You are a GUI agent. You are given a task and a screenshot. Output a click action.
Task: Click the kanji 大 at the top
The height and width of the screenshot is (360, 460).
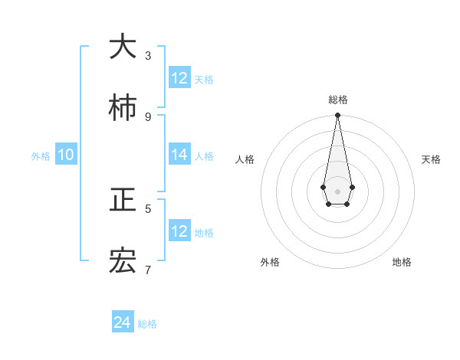click(123, 47)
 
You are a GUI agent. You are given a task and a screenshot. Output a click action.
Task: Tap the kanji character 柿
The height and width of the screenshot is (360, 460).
click(123, 109)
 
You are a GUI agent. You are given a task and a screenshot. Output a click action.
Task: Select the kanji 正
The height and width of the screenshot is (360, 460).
click(123, 201)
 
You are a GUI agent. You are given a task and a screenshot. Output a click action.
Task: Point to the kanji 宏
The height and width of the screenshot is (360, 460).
click(123, 262)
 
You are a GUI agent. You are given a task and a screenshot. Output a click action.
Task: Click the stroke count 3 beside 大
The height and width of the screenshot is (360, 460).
click(148, 55)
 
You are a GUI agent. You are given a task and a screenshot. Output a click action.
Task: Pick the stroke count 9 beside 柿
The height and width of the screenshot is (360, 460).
click(148, 116)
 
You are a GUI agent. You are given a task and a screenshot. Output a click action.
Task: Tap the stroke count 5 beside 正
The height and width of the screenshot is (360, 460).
click(148, 208)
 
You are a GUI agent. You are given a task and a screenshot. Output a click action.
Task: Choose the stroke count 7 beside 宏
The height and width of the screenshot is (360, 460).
click(148, 270)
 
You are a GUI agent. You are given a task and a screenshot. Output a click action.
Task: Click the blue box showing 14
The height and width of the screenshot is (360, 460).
click(179, 155)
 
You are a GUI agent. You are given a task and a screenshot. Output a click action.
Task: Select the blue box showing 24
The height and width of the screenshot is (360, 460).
click(123, 323)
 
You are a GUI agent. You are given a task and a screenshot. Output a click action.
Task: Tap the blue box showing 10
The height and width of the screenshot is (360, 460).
click(66, 155)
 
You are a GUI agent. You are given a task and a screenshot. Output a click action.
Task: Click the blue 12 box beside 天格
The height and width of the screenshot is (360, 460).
click(179, 78)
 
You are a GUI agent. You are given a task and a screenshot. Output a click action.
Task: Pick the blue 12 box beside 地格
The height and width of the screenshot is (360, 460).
click(179, 231)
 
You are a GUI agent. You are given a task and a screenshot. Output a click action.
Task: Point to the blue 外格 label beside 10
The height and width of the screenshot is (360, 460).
click(41, 156)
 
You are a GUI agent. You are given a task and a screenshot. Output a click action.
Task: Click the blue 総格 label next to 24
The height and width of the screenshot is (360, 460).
click(147, 325)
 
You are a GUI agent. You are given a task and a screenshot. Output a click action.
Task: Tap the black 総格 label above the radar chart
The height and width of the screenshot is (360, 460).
click(337, 100)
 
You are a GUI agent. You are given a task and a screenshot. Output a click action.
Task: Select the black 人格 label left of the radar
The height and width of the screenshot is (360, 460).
click(245, 159)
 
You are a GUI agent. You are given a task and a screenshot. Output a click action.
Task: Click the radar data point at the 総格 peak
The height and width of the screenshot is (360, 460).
click(337, 116)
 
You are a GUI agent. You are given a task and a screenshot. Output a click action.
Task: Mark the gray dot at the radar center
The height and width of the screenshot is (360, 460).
click(337, 191)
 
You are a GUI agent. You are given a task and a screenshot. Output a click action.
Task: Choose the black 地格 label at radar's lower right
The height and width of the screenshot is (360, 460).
click(402, 262)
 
